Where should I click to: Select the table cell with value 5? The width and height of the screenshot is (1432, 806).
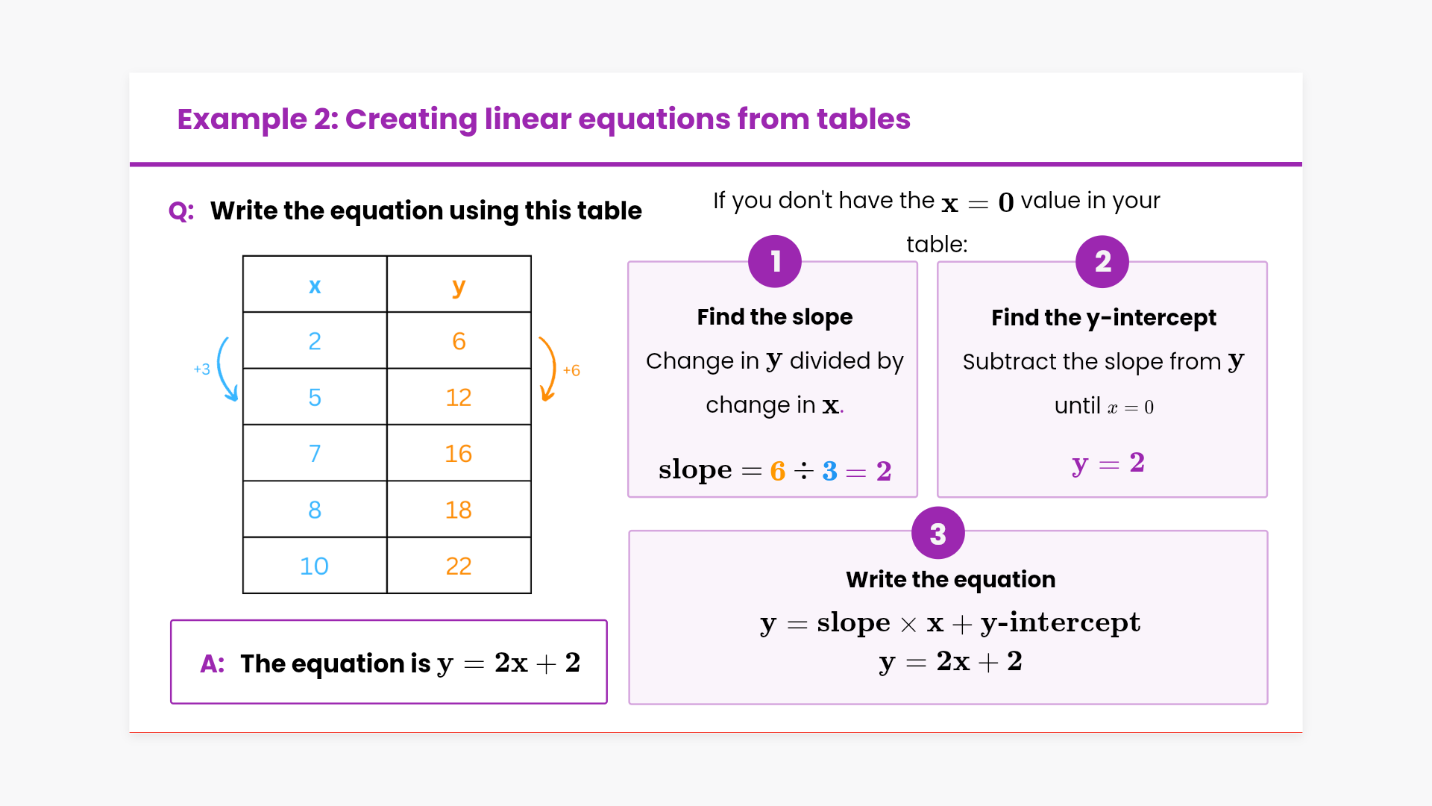coord(315,397)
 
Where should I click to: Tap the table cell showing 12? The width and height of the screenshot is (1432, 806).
coord(459,397)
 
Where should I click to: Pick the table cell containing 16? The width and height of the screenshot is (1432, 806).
coord(459,454)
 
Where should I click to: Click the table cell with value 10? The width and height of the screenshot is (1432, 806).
coord(314,566)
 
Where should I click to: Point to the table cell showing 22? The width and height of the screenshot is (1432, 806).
coord(459,566)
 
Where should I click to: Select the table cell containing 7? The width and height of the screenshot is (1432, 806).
coord(315,454)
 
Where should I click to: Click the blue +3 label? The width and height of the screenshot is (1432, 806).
coord(201,369)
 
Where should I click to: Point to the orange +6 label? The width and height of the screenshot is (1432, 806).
coord(571,370)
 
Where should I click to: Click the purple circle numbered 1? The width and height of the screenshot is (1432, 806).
coord(775,261)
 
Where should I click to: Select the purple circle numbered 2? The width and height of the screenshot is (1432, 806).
coord(1102,261)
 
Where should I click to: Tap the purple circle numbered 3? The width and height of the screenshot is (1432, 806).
coord(938,534)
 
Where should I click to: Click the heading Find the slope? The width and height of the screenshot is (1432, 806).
coord(775,317)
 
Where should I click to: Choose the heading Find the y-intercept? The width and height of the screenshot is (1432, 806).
coord(1104,318)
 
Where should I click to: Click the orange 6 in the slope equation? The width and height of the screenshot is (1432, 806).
coord(778,471)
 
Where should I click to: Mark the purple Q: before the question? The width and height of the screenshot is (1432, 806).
coord(181,211)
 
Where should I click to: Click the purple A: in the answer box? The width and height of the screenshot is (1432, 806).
coord(213,663)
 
